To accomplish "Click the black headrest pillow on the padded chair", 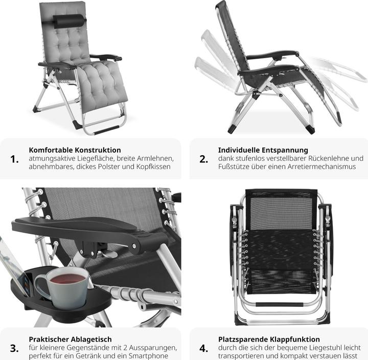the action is (x=69, y=21).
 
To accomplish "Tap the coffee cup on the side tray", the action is (x=63, y=287).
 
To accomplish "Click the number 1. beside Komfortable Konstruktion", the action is (x=14, y=159).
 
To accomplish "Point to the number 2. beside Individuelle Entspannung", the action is (x=204, y=159).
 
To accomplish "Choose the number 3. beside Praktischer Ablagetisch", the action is (x=14, y=348).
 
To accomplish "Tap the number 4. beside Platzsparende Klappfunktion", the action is (x=204, y=348).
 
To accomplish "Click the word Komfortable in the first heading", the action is (x=51, y=150).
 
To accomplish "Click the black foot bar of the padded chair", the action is (x=106, y=130).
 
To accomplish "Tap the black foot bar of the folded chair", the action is (x=279, y=305).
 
